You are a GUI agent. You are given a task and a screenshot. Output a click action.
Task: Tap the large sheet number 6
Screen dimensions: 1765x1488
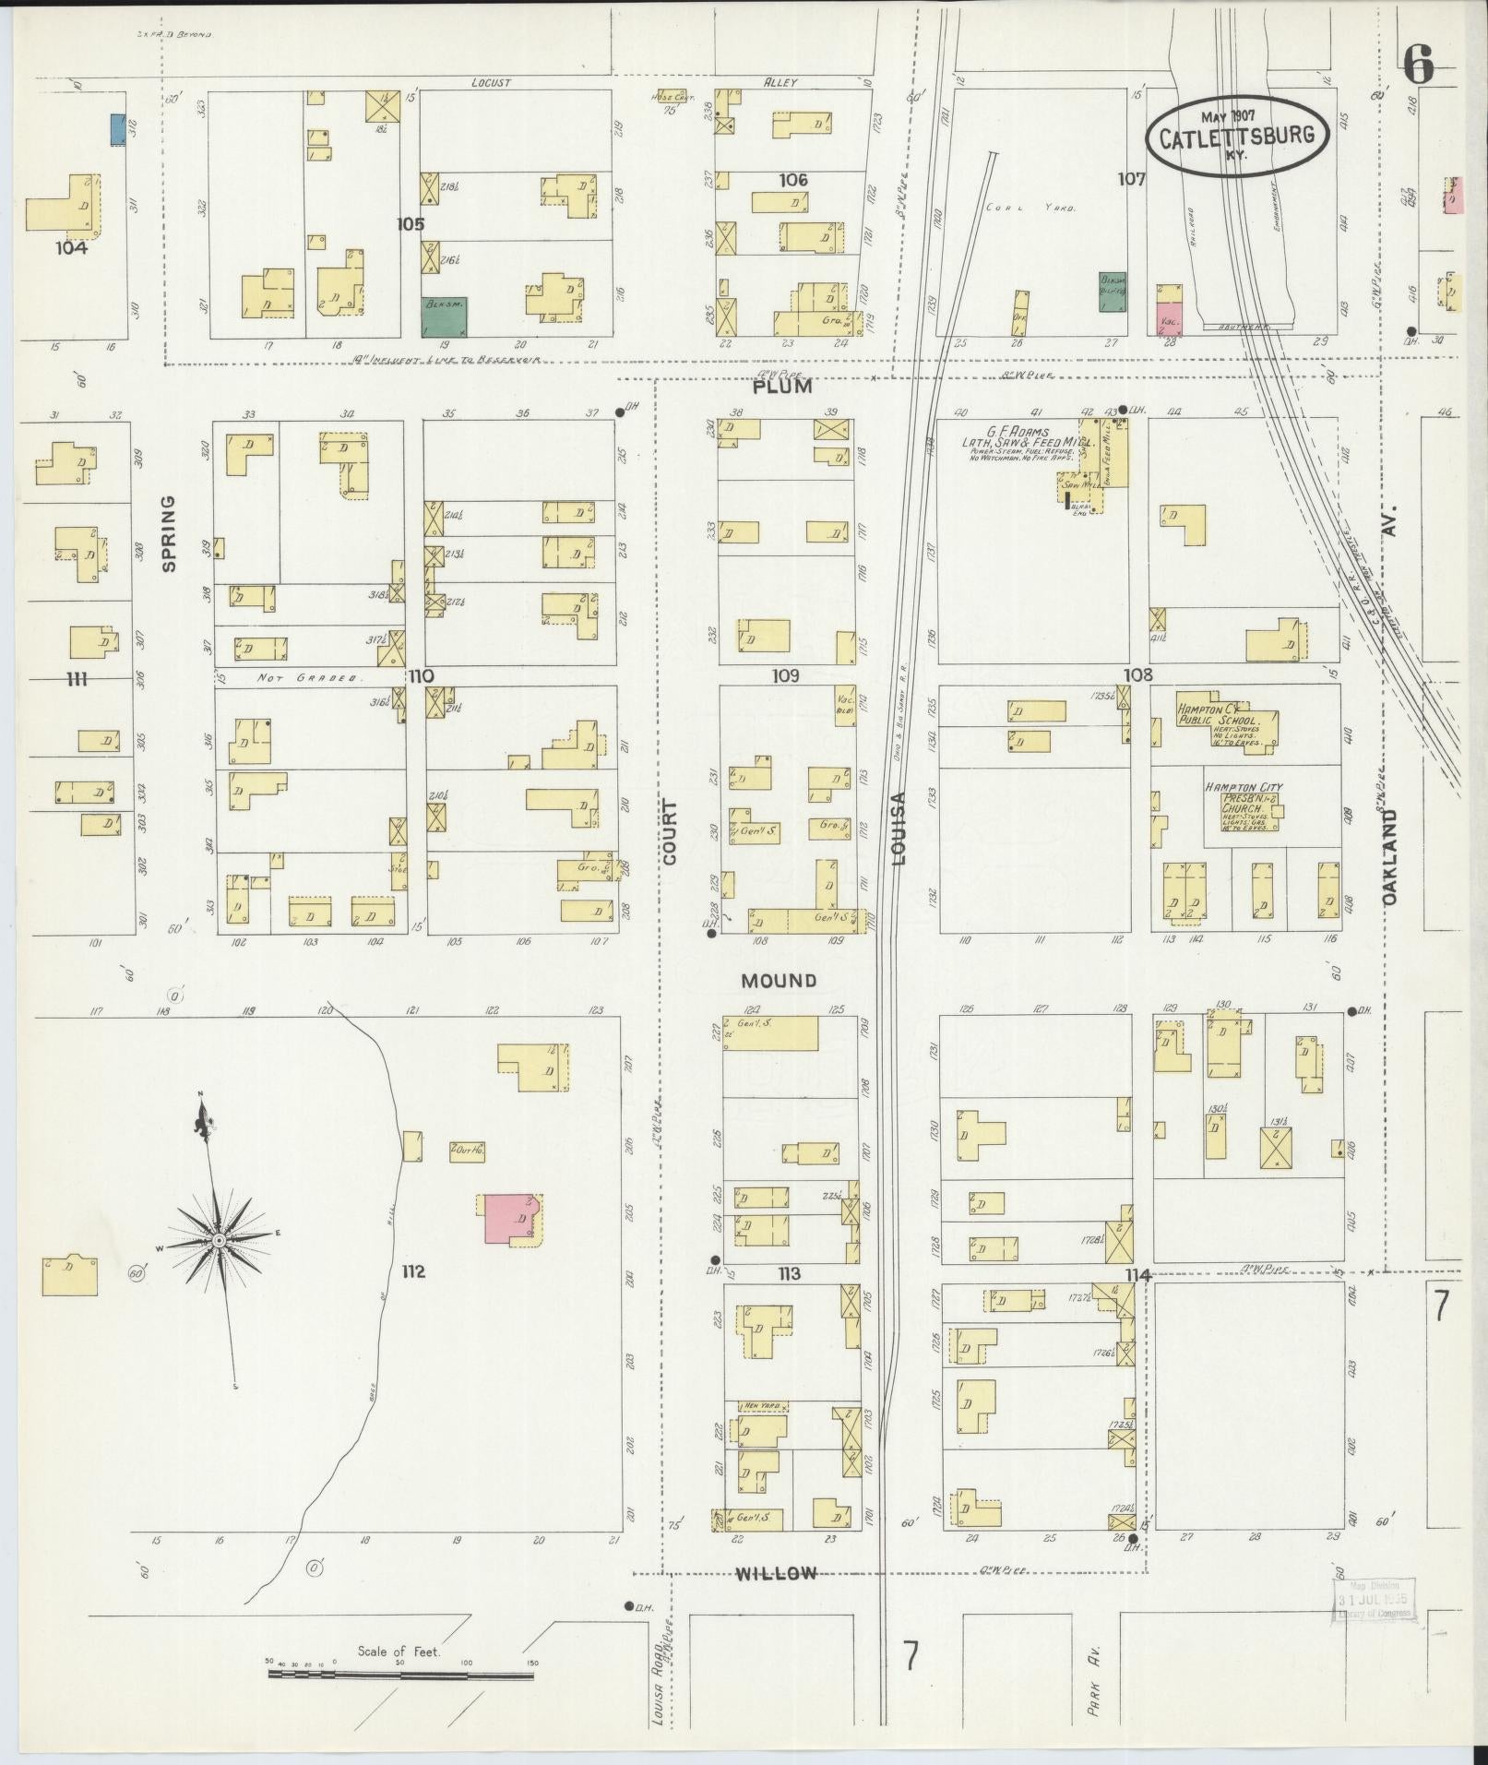coord(1419,65)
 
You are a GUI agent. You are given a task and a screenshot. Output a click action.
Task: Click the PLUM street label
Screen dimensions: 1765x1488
coord(783,387)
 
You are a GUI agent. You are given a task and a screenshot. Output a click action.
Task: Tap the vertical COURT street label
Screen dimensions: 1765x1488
coord(669,832)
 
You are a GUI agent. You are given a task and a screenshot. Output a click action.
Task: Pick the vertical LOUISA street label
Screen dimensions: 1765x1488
coord(899,829)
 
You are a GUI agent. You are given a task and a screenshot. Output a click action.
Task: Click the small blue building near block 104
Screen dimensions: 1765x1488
coord(118,128)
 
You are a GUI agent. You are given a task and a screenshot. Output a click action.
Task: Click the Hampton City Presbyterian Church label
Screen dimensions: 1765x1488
coord(1244,799)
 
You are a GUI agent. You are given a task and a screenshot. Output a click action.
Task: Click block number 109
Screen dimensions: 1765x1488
coord(786,675)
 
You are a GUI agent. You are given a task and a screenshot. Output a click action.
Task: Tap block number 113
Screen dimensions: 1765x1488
coord(789,1274)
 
